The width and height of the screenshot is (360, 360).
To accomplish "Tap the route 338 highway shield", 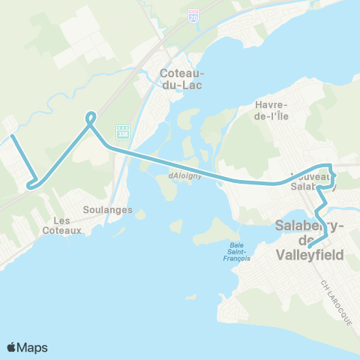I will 123,131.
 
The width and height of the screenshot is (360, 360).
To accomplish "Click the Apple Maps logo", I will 27,347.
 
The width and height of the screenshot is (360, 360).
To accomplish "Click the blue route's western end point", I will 12,136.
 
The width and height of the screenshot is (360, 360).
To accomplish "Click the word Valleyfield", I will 310,255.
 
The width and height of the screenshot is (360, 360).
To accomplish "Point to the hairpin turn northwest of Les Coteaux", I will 30,184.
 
